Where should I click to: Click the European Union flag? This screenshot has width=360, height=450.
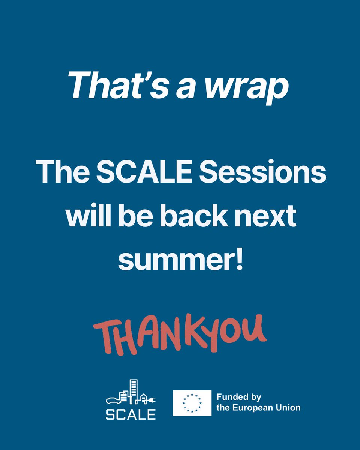pyautogui.click(x=192, y=403)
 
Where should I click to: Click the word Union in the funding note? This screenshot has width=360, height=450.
pyautogui.click(x=289, y=408)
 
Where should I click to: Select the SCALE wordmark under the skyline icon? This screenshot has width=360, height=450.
pyautogui.click(x=130, y=414)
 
